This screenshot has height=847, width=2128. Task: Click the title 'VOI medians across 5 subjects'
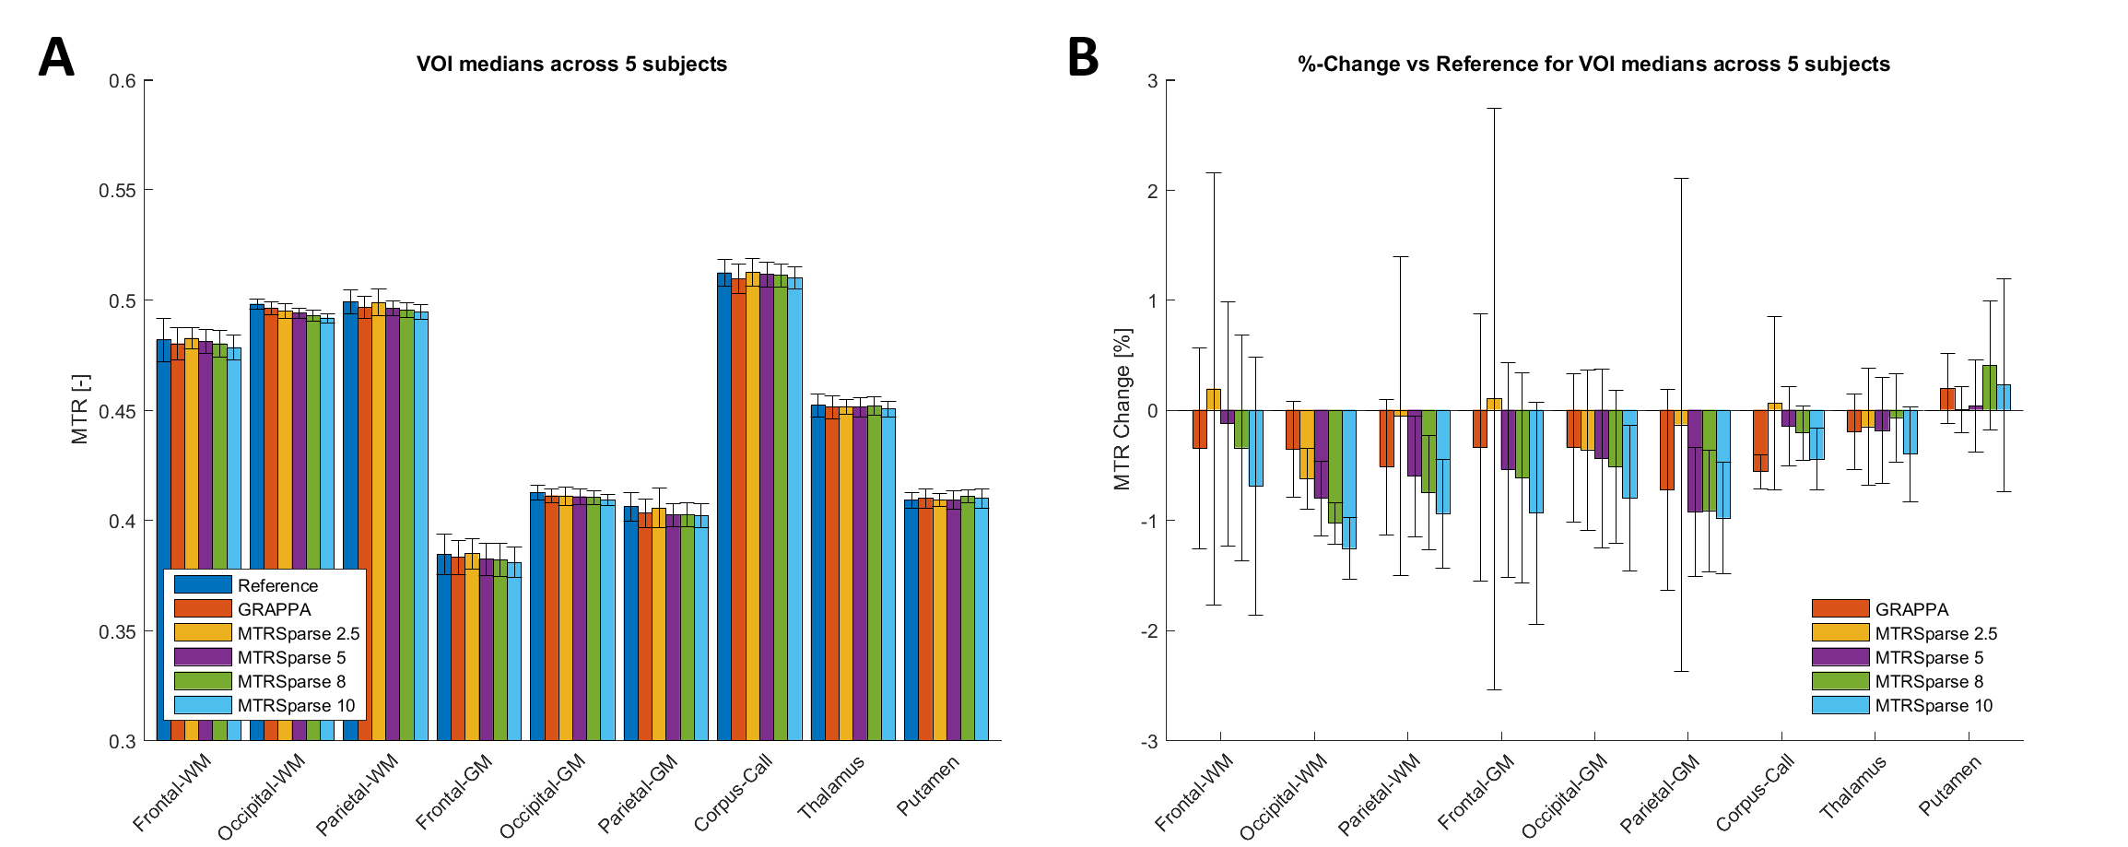(571, 65)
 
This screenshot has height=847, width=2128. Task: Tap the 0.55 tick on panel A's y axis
(116, 191)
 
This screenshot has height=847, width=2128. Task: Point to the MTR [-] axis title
(80, 409)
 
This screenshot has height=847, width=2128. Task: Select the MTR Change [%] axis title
(1122, 409)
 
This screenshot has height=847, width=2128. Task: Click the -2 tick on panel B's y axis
(1149, 631)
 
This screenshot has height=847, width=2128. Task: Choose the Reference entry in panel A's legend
(277, 585)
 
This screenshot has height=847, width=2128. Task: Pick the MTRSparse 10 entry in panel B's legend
(1933, 706)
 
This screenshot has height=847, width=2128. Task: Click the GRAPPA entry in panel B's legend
(1911, 609)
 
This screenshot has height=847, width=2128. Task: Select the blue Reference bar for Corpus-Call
(724, 507)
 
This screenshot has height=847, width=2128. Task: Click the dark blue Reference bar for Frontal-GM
(443, 645)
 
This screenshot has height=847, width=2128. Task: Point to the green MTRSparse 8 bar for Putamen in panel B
(1990, 388)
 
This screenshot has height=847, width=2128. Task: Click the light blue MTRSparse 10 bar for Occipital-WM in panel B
(1349, 479)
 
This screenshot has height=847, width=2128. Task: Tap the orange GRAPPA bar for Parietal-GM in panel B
(1666, 450)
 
